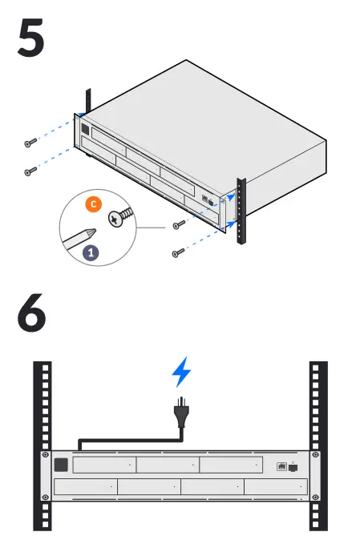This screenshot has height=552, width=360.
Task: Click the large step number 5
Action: (31, 38)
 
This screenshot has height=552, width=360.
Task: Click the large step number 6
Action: (32, 312)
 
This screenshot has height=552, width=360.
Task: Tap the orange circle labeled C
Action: (93, 204)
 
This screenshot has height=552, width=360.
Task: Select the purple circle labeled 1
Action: (91, 252)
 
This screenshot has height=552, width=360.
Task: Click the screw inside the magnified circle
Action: (120, 216)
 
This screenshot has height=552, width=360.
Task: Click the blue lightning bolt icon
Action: (181, 372)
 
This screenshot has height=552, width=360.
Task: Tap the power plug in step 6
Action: (181, 413)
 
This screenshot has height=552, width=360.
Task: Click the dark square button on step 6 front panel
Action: (61, 465)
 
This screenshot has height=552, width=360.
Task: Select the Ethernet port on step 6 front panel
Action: (281, 467)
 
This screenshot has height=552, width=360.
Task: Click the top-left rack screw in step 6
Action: (46, 455)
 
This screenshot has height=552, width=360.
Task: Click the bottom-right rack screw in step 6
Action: (316, 497)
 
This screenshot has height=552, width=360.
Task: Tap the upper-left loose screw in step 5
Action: (30, 143)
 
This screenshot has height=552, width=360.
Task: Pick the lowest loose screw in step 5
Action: (178, 252)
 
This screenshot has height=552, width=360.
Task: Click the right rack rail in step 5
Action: (241, 212)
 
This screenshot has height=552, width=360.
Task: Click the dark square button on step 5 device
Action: (85, 128)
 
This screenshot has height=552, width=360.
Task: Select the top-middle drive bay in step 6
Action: (168, 465)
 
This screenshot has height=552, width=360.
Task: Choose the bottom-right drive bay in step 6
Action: (276, 487)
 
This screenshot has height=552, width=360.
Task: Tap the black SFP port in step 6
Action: (293, 468)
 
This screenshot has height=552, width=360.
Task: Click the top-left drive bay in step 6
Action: (104, 465)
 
